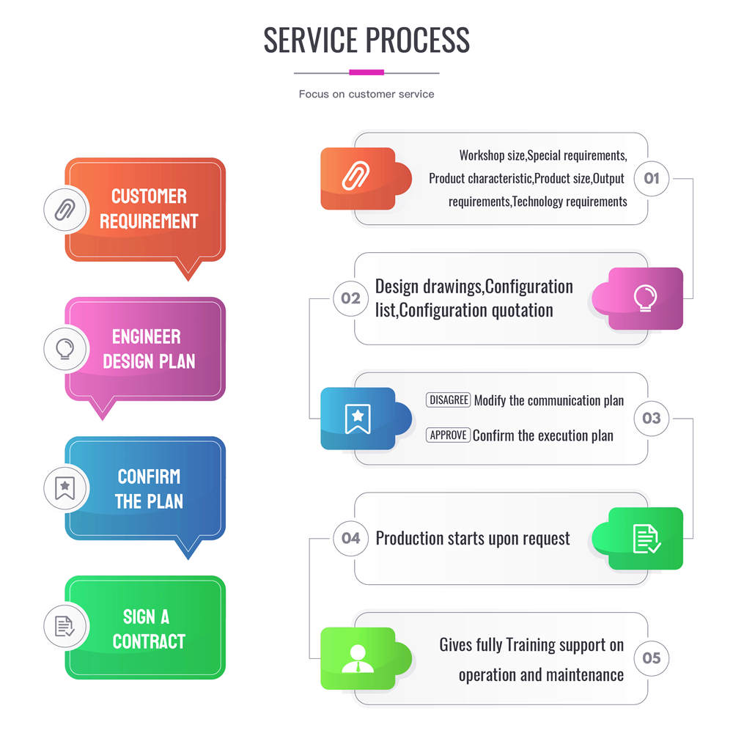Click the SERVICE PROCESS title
(x=366, y=40)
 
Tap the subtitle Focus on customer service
(x=366, y=94)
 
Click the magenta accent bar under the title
(x=366, y=73)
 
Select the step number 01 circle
(x=651, y=178)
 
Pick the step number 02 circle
(x=350, y=298)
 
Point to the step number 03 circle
(x=651, y=419)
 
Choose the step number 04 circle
(x=350, y=539)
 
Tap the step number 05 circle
(x=651, y=658)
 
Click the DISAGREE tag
(x=449, y=400)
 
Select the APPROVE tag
(x=448, y=435)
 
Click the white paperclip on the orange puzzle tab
(x=357, y=178)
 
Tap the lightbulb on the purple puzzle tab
(x=646, y=298)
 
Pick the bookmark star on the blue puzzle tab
(x=358, y=419)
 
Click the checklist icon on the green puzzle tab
(x=646, y=539)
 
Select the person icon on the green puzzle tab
(x=358, y=658)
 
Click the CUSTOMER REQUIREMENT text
(x=149, y=209)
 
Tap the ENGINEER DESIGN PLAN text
(x=149, y=349)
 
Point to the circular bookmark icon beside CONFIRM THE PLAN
(x=65, y=487)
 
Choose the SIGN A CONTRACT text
(x=149, y=628)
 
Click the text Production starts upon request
(x=472, y=539)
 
